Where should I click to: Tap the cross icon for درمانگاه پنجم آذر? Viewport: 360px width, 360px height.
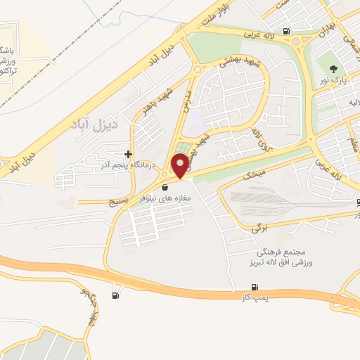(127, 154)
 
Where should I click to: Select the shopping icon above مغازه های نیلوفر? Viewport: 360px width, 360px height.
(165, 188)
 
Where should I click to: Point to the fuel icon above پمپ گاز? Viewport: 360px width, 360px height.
(254, 287)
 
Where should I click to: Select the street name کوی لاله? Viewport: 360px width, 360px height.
(254, 140)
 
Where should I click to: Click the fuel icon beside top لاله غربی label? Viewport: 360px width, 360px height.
(285, 31)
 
